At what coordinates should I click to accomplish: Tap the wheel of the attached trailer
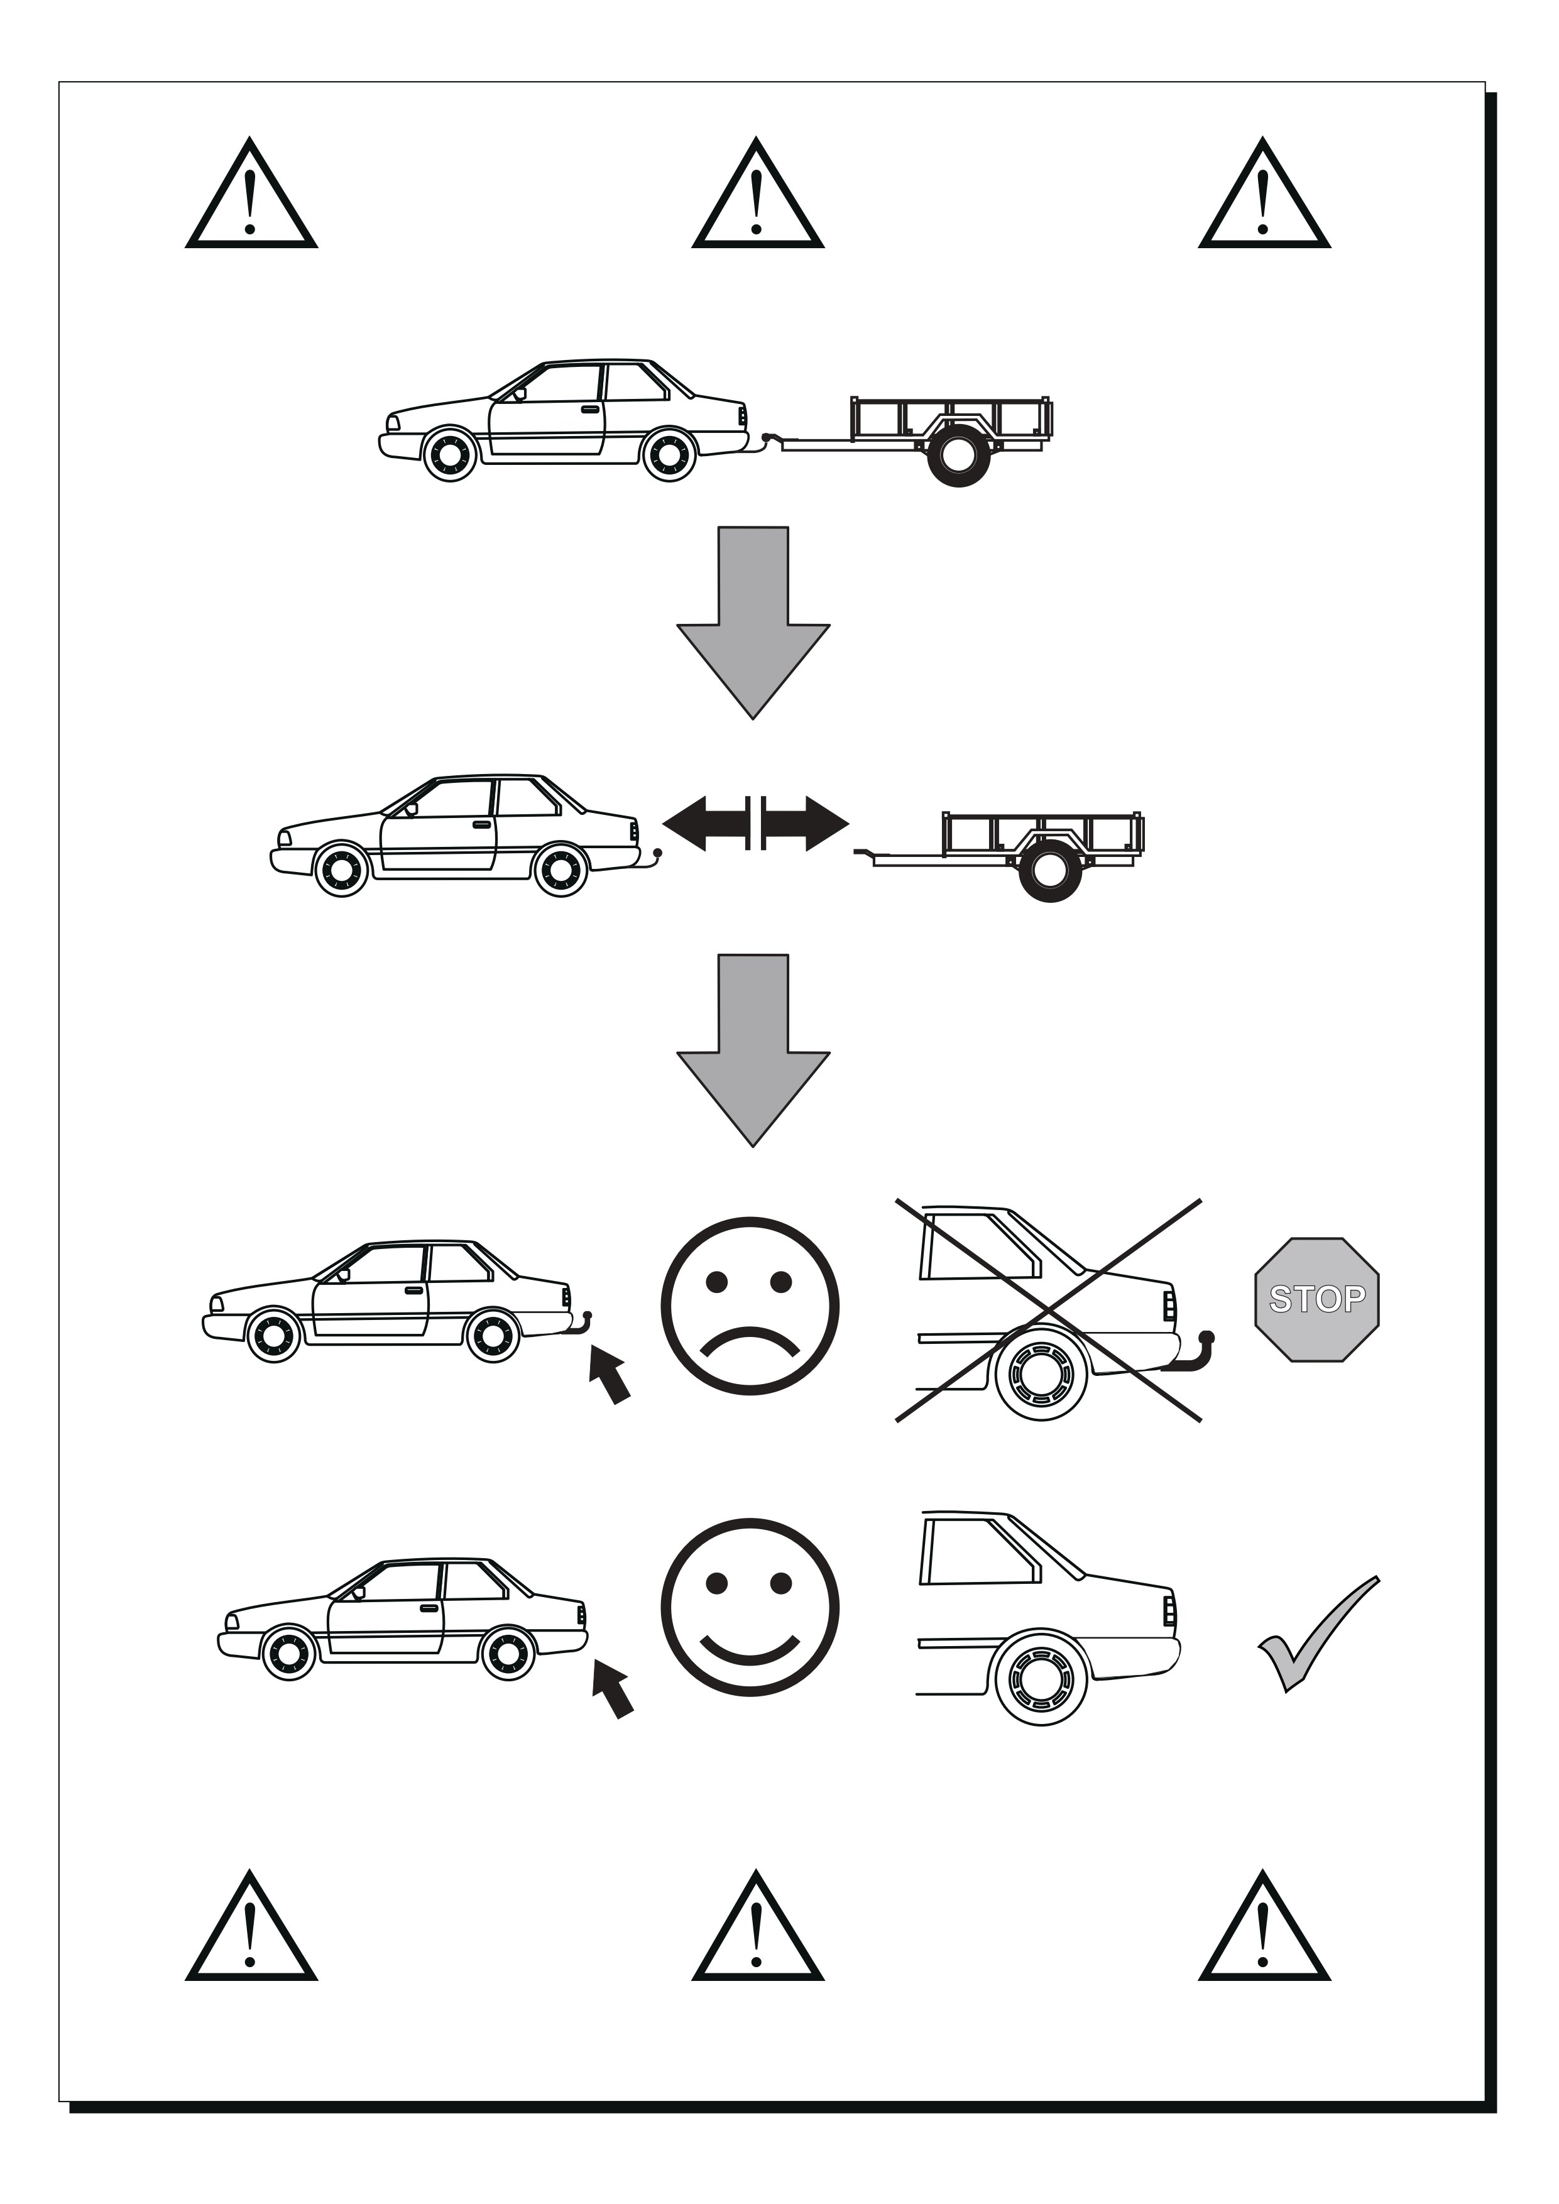pos(958,456)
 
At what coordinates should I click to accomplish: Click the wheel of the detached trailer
pos(1049,871)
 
